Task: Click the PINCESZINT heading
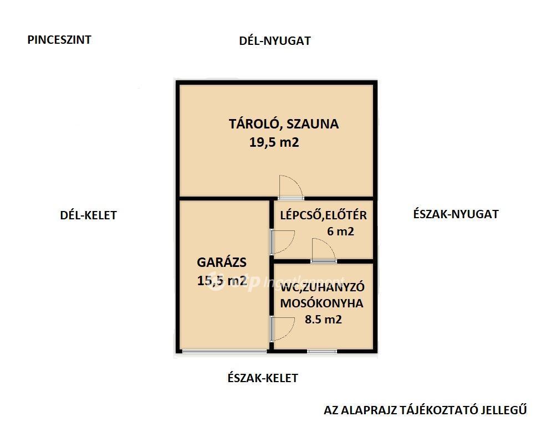(59, 40)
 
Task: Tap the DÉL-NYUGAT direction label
(275, 41)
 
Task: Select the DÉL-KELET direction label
(88, 215)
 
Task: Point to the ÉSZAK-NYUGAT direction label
(456, 214)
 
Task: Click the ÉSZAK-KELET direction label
(263, 378)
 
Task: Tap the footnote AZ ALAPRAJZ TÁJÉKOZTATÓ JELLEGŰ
(425, 410)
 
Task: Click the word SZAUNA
(313, 124)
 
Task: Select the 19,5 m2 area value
(274, 142)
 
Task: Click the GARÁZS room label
(222, 263)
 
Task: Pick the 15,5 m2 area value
(222, 281)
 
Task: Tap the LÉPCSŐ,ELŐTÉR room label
(323, 215)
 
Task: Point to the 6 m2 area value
(340, 231)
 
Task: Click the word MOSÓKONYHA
(322, 303)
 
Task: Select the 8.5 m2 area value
(323, 320)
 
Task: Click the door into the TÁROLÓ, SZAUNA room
(291, 187)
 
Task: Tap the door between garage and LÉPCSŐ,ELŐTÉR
(282, 242)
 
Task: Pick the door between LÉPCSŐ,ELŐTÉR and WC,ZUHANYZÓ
(323, 250)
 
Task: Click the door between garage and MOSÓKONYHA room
(282, 328)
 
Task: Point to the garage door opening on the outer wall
(225, 351)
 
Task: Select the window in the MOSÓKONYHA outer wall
(322, 351)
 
